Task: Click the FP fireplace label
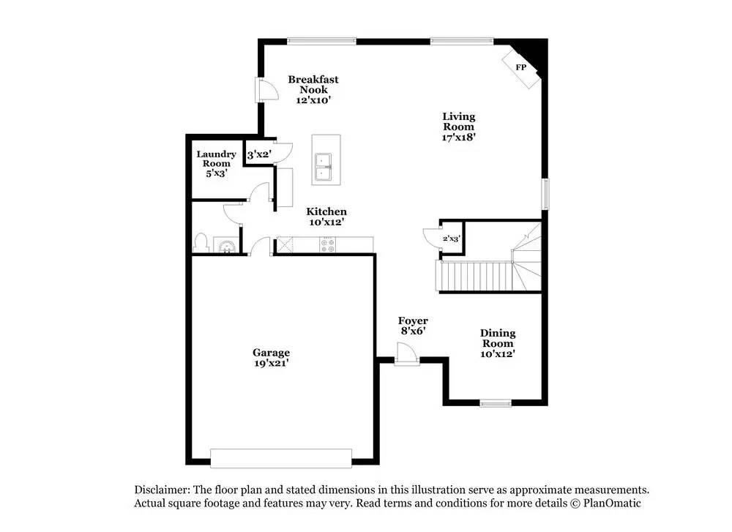coord(521,67)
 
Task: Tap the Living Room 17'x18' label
coord(458,127)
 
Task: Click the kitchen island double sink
coord(323,167)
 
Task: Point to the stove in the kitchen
coord(327,245)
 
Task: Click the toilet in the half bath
coord(201,243)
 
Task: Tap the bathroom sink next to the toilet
coord(226,245)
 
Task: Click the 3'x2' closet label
coord(259,154)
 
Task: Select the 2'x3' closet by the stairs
coord(452,239)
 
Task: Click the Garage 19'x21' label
coord(272,357)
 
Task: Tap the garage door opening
coord(281,458)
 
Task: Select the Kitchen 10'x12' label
coord(326,217)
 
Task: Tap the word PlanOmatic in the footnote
coord(612,503)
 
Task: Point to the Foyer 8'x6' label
coord(413,326)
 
